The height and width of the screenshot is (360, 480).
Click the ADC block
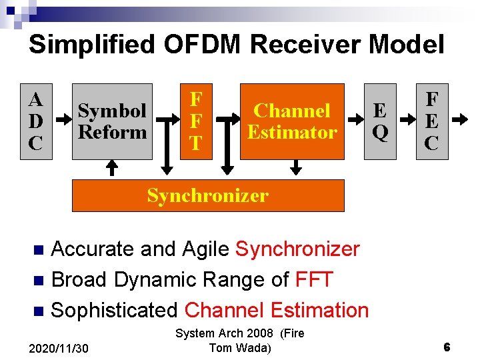36,121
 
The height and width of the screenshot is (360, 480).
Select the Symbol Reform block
113,121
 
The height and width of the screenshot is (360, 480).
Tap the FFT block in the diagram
196,121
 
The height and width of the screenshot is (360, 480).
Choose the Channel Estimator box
292,121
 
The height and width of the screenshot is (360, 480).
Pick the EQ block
380,121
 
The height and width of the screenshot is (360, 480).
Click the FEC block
432,121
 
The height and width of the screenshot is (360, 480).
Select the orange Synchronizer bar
207,195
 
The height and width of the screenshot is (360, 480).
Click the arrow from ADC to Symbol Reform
62,121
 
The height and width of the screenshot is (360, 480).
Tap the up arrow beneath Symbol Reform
112,169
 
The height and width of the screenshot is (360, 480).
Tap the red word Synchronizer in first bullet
297,249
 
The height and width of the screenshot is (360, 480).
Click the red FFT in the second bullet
313,280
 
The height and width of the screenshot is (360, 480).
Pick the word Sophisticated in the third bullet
114,310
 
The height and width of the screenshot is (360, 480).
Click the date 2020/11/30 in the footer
59,348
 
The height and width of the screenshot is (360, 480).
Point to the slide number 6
447,347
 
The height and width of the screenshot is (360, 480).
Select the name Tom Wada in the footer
239,347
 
